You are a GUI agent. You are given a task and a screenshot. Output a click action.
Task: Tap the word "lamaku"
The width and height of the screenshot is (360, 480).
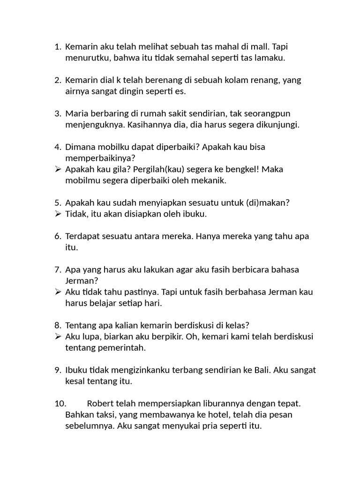pos(271,58)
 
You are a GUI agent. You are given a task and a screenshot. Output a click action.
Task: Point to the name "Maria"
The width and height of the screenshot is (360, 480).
pos(76,113)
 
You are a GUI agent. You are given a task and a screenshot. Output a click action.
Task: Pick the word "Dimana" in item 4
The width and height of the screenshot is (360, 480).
pos(80,147)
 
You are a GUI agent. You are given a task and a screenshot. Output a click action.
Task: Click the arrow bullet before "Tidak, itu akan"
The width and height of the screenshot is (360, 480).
pos(58,214)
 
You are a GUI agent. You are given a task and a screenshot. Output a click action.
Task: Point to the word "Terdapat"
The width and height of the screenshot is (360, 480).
pos(82,236)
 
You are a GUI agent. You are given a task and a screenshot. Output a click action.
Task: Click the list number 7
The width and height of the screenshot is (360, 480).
pos(58,270)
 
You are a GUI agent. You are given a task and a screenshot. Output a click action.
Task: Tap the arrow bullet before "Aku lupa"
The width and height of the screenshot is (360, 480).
pos(58,337)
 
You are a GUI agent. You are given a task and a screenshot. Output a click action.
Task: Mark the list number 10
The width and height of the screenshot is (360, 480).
pos(61,404)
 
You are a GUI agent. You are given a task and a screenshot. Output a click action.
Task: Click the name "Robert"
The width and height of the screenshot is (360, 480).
pos(100,404)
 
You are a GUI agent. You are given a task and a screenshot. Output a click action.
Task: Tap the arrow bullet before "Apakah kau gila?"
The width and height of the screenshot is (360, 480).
pos(58,169)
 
